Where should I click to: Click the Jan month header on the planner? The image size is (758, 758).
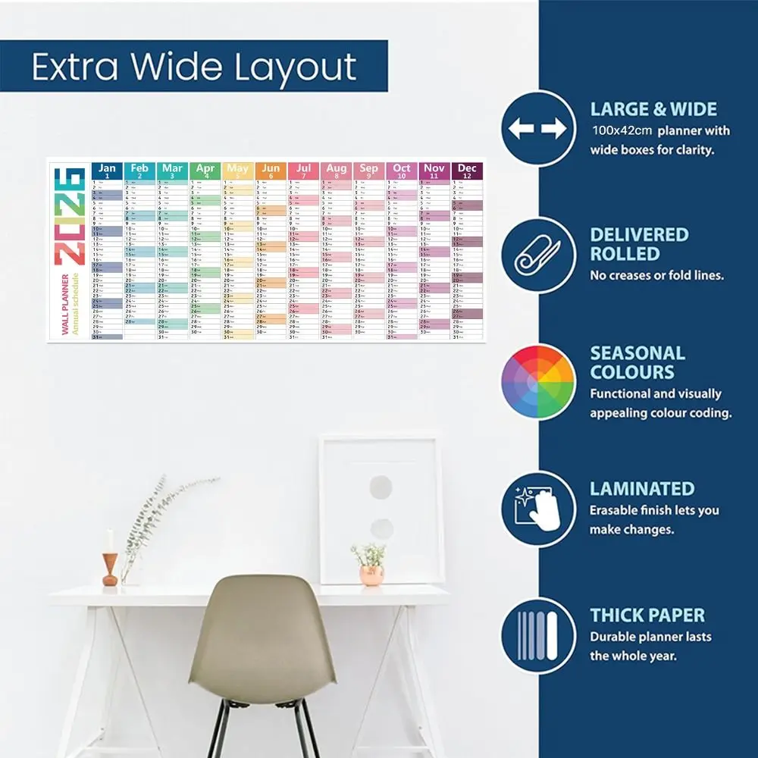pos(107,171)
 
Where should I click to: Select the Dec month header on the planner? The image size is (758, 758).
pos(467,171)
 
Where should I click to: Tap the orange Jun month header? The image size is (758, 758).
pos(271,171)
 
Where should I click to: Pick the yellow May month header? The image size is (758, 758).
pos(237,171)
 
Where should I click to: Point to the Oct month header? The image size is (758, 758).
pos(402,171)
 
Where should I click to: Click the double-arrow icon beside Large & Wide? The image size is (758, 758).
pos(537,129)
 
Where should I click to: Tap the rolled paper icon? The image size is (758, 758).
pos(537,255)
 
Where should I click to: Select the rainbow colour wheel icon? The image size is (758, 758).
pos(537,381)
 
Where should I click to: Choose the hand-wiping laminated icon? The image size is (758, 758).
pos(537,509)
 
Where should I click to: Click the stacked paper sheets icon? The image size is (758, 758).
pos(537,635)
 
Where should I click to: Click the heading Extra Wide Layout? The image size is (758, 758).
pos(194,67)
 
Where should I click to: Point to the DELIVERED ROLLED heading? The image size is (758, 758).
pos(639,244)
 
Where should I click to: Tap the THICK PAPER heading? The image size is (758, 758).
pos(647,615)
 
